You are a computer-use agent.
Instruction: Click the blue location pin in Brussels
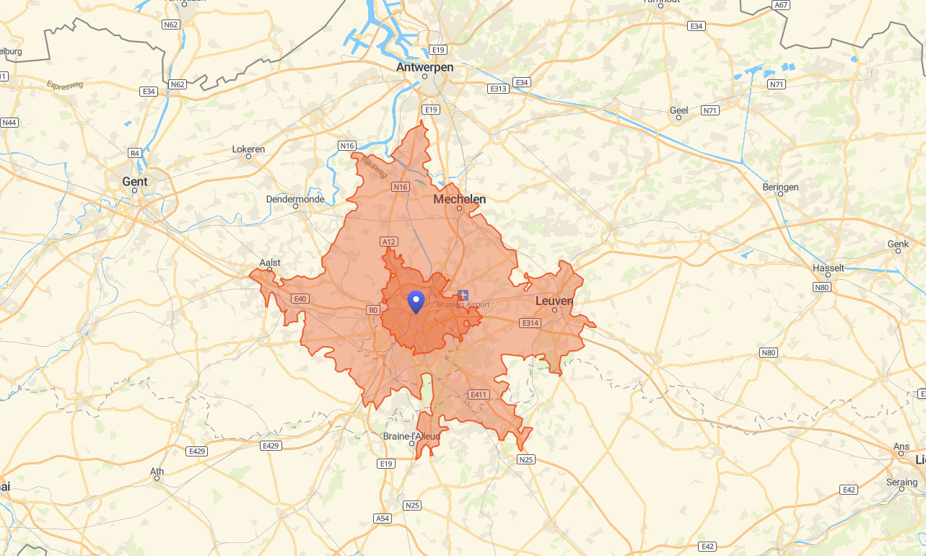tap(416, 301)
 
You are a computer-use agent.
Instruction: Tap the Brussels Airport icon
tap(463, 295)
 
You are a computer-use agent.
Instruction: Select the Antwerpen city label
tap(424, 67)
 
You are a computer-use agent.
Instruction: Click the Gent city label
tap(135, 182)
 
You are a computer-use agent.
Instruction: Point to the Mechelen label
tap(459, 199)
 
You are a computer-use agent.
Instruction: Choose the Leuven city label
tap(554, 301)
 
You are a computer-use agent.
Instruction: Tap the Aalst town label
tap(270, 263)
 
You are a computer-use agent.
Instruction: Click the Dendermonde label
tap(295, 199)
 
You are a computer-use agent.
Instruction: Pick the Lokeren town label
tap(248, 149)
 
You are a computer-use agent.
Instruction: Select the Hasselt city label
tap(828, 268)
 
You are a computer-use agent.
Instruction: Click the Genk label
tap(898, 244)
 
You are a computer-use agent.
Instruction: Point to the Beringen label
tap(780, 187)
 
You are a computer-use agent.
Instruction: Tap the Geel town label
tap(678, 110)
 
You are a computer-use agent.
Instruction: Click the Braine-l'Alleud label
tap(411, 436)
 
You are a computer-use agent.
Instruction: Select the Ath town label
tap(157, 472)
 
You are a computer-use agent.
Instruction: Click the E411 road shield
tap(479, 394)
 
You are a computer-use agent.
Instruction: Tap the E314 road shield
tap(530, 323)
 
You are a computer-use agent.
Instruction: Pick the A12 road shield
tap(389, 242)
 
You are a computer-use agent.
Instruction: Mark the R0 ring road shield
tap(373, 310)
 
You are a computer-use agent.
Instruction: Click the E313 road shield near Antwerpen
tap(498, 89)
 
